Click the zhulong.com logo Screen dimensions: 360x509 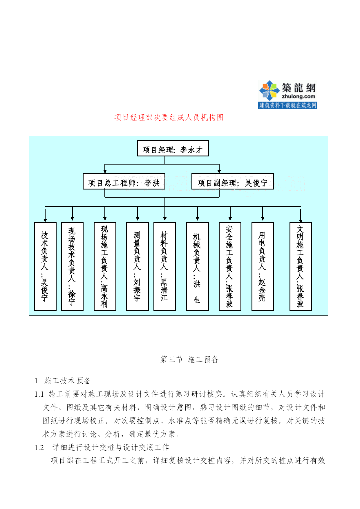click(x=287, y=94)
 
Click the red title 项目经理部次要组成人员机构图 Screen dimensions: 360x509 click(x=169, y=118)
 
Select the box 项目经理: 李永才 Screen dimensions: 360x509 click(x=173, y=148)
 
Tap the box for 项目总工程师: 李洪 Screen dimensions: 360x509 click(x=124, y=182)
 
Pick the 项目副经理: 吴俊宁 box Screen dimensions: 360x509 click(x=233, y=182)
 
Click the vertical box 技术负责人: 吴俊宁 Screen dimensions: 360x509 click(x=45, y=266)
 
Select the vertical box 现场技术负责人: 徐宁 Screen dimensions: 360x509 click(x=72, y=266)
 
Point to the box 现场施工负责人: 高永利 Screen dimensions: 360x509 click(x=105, y=266)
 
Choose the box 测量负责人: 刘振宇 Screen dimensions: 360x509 click(x=138, y=266)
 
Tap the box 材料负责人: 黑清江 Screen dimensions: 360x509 click(x=165, y=266)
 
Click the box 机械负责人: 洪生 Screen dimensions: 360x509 click(x=197, y=266)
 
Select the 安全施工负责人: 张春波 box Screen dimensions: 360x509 click(x=230, y=266)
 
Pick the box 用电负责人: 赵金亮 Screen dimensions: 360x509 click(x=263, y=266)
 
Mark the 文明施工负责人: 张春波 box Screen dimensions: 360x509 click(x=301, y=266)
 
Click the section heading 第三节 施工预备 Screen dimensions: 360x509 click(x=189, y=360)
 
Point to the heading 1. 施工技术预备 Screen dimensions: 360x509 click(x=63, y=381)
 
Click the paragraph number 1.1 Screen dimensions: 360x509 click(x=39, y=394)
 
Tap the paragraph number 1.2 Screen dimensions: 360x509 click(x=39, y=447)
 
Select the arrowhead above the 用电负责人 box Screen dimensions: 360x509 click(x=263, y=219)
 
